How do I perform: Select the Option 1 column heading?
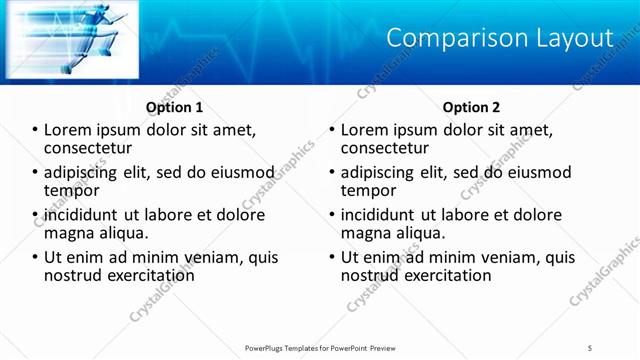(x=175, y=107)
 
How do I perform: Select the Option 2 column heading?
(x=472, y=107)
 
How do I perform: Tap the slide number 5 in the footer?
(x=589, y=347)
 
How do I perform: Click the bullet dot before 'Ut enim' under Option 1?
(x=35, y=258)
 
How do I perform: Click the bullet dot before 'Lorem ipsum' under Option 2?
(x=332, y=130)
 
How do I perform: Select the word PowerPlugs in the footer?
(x=268, y=347)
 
